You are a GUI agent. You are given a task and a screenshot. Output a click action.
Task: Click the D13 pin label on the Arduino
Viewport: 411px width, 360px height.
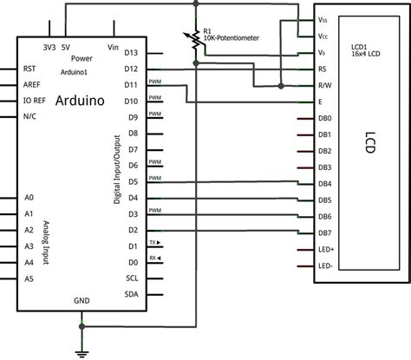132,54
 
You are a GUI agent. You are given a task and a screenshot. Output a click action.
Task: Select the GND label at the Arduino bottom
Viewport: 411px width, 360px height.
82,301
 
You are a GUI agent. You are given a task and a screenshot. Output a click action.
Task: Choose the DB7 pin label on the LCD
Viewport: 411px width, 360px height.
324,232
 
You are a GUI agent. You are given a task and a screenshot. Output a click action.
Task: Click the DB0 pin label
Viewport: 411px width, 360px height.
324,118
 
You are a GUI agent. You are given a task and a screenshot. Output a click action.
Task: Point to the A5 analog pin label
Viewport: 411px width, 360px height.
29,278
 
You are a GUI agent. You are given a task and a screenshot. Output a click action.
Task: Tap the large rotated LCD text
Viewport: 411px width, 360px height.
369,143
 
